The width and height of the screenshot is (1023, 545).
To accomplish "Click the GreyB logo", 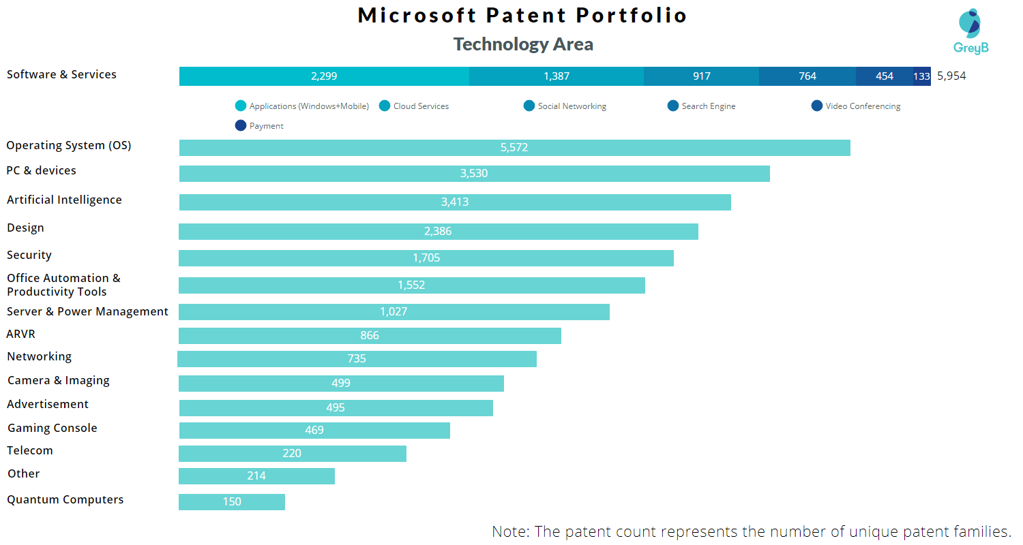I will [x=970, y=31].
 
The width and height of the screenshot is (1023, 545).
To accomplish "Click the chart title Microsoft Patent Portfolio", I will [x=522, y=15].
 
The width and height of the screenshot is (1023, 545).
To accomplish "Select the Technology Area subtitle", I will [x=523, y=44].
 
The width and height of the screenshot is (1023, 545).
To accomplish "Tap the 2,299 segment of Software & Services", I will [x=324, y=76].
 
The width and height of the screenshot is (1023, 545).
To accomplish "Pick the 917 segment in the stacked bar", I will [x=701, y=76].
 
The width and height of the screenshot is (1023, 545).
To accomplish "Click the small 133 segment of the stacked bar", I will [x=922, y=76].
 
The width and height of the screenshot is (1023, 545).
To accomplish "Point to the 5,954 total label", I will [x=951, y=76].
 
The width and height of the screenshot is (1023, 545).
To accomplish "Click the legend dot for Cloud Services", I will [x=385, y=106].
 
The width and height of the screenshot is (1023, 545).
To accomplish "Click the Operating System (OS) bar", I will [x=514, y=148].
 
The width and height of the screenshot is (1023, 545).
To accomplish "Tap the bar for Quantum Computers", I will [x=232, y=502].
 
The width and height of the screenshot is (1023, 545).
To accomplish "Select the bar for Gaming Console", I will [x=314, y=431].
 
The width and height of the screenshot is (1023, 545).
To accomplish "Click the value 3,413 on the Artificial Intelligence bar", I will [x=455, y=202].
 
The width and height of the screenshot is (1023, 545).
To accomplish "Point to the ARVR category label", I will [x=20, y=334].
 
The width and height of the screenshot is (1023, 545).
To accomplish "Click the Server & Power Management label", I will [x=87, y=311].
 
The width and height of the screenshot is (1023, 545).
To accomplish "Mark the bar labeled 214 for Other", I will [x=256, y=476].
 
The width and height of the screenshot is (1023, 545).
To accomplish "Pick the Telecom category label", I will [x=30, y=450].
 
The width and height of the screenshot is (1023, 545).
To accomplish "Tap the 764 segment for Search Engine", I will [x=807, y=76].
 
